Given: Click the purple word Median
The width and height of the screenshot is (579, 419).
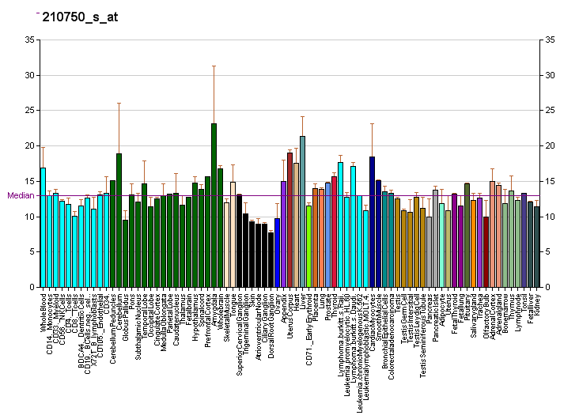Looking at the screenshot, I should [19, 195].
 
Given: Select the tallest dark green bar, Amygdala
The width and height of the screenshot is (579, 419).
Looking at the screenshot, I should [214, 206].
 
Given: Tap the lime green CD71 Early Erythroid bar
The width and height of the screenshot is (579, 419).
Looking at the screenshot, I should [308, 246].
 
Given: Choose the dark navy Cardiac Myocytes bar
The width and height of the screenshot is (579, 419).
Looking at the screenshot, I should [372, 222].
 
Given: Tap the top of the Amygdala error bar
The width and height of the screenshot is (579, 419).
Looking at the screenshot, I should [214, 66].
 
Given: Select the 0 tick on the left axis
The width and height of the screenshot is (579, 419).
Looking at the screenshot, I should [32, 288].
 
